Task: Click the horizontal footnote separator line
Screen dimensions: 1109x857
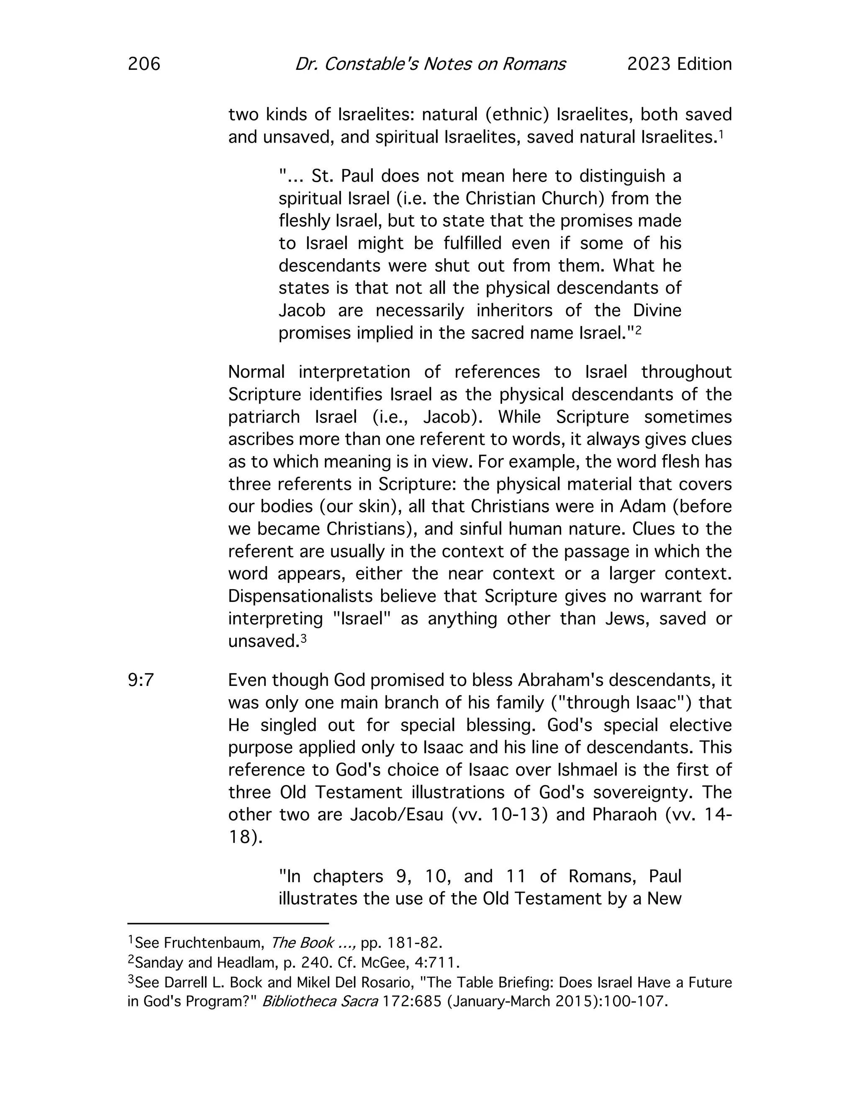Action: tap(228, 923)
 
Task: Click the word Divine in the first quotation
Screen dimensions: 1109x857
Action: tap(657, 310)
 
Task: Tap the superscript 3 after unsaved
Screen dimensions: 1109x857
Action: tap(304, 638)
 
